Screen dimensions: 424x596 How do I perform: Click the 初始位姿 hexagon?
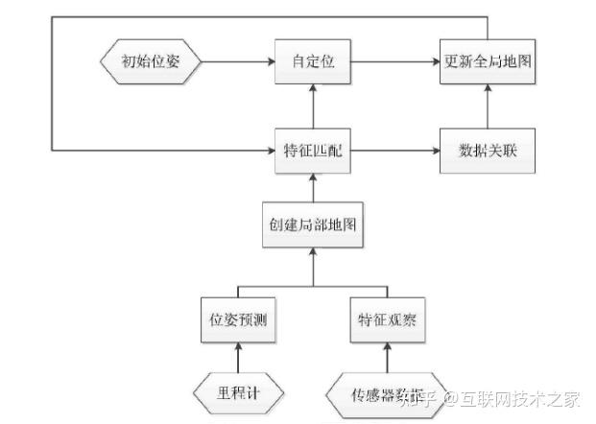pos(150,63)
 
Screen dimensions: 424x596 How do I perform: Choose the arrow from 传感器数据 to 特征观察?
pos(388,359)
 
